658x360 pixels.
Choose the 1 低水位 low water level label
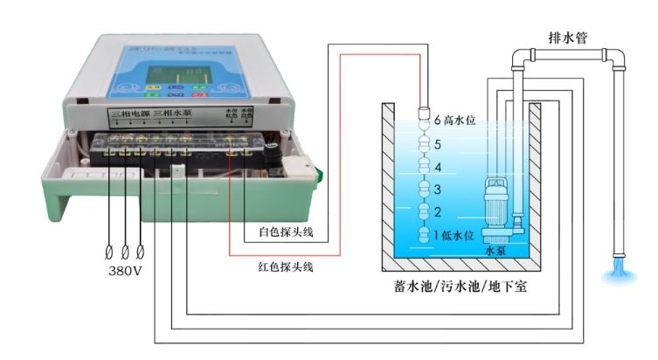[x=454, y=235]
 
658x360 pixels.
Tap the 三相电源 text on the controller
[x=130, y=115]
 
